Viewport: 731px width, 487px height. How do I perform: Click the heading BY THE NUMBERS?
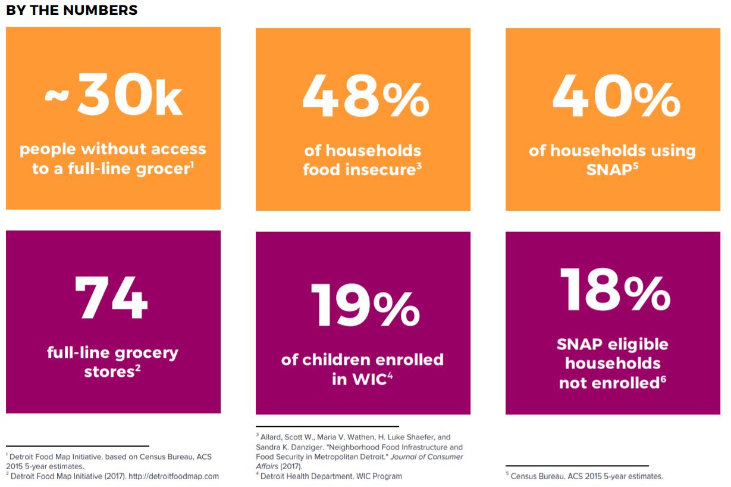pos(71,10)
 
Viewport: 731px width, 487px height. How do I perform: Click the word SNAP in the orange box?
pos(608,170)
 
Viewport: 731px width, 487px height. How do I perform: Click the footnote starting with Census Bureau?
pos(586,476)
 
